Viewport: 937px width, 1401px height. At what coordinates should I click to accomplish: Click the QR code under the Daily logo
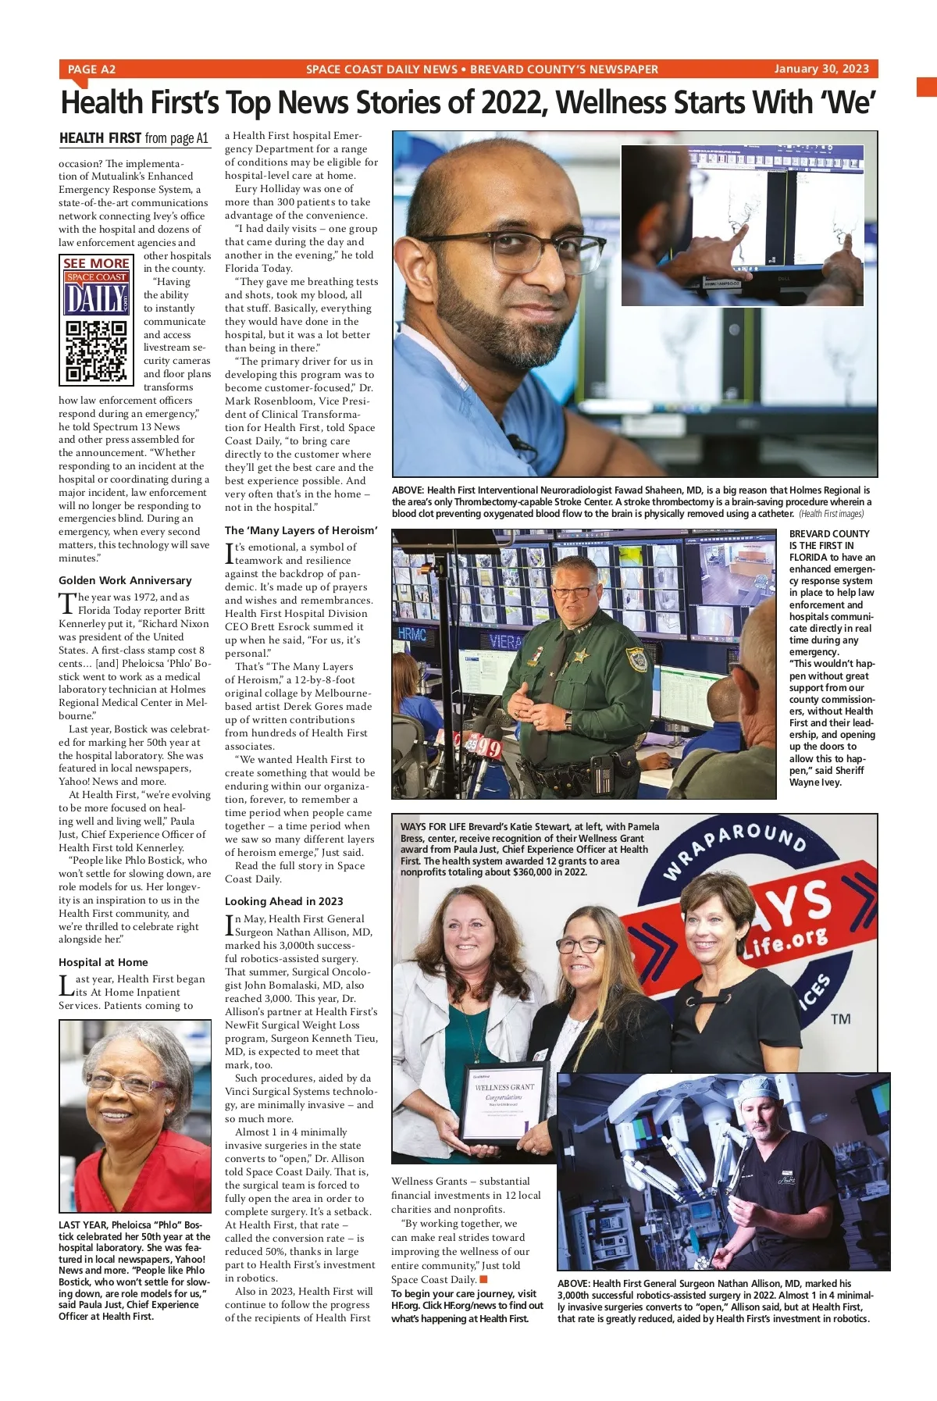96,351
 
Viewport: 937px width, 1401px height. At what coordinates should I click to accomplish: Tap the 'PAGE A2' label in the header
91,70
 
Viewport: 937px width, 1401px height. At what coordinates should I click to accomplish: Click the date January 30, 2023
821,69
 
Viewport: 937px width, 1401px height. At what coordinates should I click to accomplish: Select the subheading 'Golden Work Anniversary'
125,580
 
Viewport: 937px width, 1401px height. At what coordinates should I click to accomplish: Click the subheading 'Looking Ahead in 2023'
284,901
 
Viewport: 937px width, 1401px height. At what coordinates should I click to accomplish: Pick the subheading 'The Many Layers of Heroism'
301,530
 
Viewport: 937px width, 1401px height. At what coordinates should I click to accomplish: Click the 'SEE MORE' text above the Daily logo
96,263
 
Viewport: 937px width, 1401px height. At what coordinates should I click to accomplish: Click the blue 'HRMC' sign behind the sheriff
411,634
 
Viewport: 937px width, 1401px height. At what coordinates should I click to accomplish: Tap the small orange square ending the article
483,1279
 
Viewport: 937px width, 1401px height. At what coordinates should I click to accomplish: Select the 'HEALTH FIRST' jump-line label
100,138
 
